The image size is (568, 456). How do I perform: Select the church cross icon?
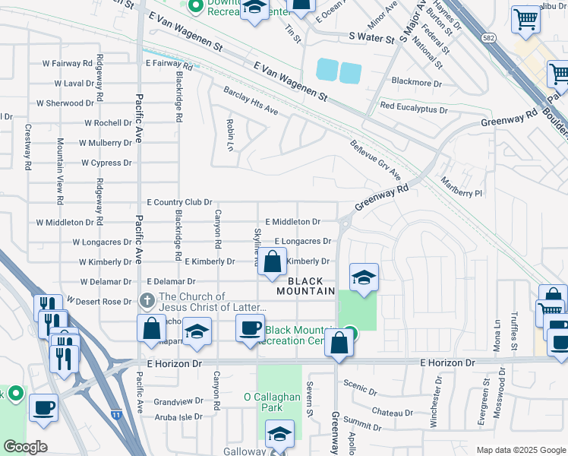pos(147,300)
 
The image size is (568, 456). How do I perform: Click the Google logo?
pos(25,446)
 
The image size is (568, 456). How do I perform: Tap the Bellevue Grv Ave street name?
pos(375,159)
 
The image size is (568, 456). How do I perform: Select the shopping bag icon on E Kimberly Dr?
pos(272,262)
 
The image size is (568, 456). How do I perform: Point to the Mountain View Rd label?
pos(59,171)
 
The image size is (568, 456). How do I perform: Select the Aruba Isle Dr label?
pos(178,416)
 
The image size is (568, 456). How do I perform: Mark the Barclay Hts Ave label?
pos(251,102)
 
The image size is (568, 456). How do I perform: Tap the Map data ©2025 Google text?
pos(520,450)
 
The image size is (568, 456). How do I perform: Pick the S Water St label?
pos(371,36)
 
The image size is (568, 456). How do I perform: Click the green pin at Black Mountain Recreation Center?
pos(349,332)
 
